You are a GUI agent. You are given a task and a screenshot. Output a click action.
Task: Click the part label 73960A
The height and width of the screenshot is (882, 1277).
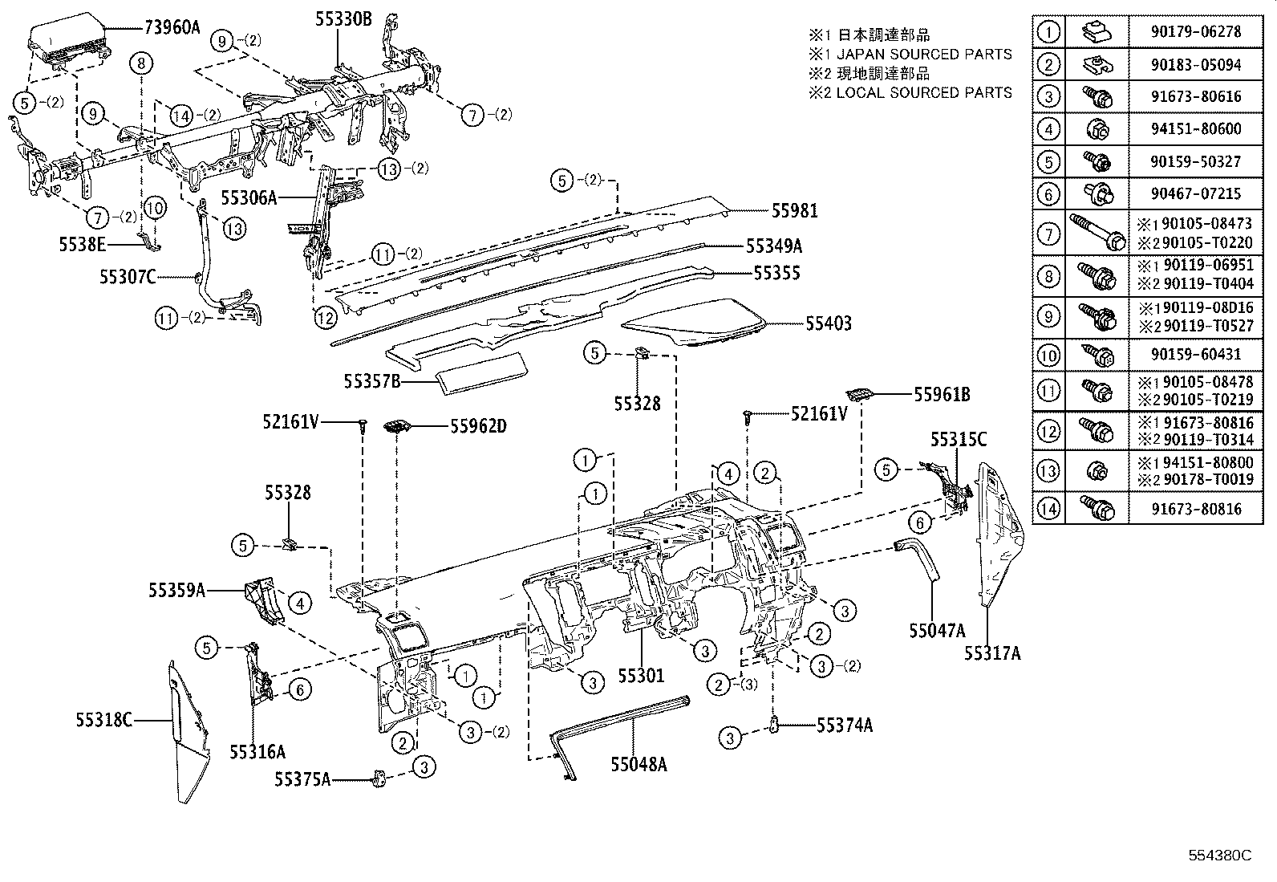172,27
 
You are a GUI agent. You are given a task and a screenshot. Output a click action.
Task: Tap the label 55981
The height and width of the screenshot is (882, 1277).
795,211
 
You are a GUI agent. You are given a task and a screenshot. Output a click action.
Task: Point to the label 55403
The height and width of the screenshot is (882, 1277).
829,324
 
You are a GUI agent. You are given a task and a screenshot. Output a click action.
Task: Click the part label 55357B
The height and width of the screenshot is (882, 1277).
372,381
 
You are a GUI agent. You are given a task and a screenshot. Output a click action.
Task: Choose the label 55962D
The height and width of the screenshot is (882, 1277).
478,426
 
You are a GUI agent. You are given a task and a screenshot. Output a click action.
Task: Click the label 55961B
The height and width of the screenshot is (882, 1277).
943,394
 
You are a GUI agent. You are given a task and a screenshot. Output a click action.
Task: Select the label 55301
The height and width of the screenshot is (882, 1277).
641,676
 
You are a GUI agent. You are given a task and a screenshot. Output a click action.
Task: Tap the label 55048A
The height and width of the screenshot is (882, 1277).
638,764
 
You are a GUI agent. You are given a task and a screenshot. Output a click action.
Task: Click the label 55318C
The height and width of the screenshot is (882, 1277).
104,720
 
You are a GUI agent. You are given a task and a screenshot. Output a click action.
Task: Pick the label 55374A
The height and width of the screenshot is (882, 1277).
845,726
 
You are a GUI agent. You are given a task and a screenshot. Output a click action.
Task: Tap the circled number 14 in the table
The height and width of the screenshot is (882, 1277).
1048,508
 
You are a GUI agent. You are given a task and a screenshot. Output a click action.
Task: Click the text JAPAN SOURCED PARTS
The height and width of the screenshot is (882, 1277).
924,55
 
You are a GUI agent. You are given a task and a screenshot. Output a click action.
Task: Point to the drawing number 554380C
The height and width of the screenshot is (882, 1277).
1219,855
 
